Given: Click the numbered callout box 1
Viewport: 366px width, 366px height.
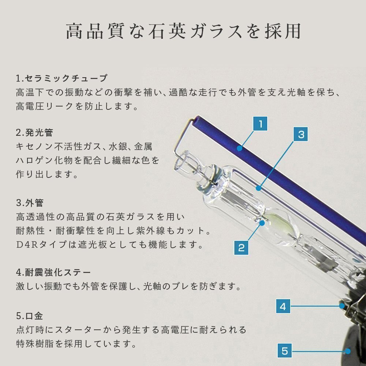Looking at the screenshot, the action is pos(260,123).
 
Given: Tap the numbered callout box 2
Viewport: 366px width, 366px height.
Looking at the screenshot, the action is pos(241,248).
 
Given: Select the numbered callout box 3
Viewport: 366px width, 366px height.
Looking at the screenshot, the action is pos(300,134).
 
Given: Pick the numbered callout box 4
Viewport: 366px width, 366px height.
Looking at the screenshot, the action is pos(283,306).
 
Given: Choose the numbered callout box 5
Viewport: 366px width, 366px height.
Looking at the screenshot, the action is pos(285,351).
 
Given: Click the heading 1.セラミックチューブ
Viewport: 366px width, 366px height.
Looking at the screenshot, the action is pos(61,78).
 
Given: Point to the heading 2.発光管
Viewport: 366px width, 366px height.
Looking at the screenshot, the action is pos(34,132).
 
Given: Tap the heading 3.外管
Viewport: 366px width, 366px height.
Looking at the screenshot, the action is pos(30,203).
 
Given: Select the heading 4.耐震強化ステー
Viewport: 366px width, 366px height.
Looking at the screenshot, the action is pos(53,272).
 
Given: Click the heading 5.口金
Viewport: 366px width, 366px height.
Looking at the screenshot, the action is pos(29,316).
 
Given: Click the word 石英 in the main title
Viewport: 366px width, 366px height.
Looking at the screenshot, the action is pos(167,31).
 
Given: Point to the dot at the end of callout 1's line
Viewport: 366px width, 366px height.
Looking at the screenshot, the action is pos(239,148).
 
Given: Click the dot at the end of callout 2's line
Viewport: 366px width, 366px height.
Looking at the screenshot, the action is pos(262,223).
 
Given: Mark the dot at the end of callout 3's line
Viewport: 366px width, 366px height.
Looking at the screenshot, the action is pos(258,188).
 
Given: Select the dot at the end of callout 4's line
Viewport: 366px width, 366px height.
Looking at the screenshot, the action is pos(342,306).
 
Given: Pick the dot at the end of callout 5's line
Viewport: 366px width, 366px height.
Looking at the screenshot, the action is pos(348,351).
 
